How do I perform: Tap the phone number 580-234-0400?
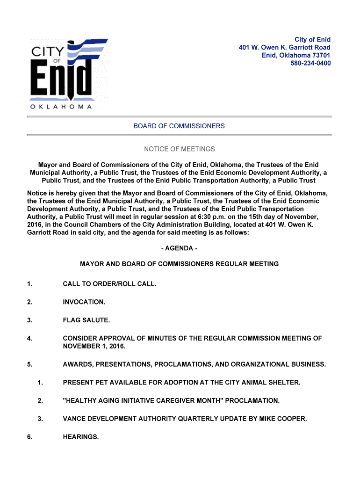310,63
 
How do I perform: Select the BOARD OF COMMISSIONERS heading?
179,126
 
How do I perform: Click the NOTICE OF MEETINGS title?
179,149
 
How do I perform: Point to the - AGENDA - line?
179,248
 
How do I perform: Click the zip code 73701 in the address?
322,55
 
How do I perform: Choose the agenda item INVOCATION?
84,302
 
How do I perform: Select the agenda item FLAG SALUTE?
86,320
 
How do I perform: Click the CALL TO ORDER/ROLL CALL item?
109,284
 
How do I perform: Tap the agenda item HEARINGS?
81,437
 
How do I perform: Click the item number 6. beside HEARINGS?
30,437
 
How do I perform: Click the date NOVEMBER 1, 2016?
94,347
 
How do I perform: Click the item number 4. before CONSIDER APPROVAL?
30,338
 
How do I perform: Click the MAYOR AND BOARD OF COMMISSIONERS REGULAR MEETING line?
179,264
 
